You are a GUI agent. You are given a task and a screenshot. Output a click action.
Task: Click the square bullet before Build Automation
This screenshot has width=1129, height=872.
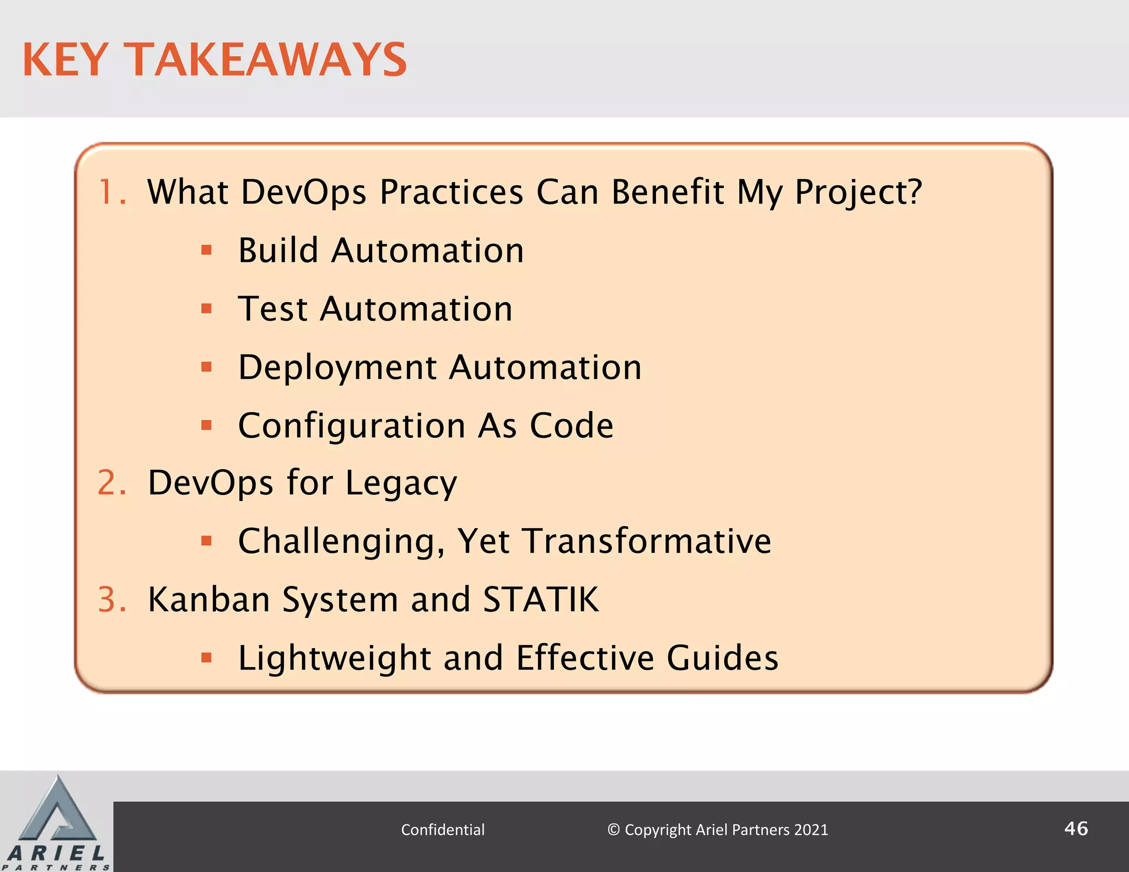[x=207, y=251]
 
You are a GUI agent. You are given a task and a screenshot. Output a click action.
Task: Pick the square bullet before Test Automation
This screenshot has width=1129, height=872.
[x=207, y=309]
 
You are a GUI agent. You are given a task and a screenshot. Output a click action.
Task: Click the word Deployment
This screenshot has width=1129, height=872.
[x=337, y=368]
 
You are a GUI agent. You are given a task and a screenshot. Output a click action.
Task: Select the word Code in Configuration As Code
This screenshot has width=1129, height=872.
[x=571, y=426]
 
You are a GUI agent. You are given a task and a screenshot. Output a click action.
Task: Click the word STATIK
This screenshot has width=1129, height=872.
[x=540, y=599]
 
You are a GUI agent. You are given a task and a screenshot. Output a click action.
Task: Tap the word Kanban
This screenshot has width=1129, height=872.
[x=209, y=599]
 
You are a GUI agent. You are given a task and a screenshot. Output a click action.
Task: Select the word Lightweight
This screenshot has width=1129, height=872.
[x=334, y=659]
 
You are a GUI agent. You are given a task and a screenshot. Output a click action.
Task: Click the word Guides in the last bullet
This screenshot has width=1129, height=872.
[x=722, y=658]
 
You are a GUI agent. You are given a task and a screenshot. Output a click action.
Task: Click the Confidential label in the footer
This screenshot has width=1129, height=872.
[x=443, y=830]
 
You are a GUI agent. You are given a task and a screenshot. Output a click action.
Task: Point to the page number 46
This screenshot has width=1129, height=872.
[x=1076, y=828]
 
